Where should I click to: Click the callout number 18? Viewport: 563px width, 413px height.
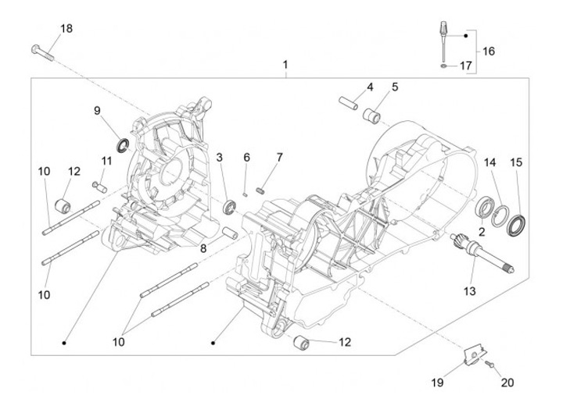[x=66, y=29]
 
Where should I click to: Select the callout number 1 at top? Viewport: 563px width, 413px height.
[x=285, y=63]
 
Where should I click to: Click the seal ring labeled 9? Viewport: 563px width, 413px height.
[x=123, y=144]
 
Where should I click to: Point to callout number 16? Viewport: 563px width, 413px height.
[x=489, y=52]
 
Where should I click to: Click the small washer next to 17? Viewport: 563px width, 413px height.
[x=445, y=66]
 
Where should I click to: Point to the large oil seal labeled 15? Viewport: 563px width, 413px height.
[x=517, y=226]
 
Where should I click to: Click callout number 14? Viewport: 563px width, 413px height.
[x=489, y=162]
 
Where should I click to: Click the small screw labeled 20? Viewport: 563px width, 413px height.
[x=488, y=364]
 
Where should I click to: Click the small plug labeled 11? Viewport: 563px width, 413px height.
[x=99, y=185]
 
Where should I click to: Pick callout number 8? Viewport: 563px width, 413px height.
[x=203, y=248]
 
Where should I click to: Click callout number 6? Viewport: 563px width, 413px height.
[x=246, y=158]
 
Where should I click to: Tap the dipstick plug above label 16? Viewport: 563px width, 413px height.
[x=442, y=36]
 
